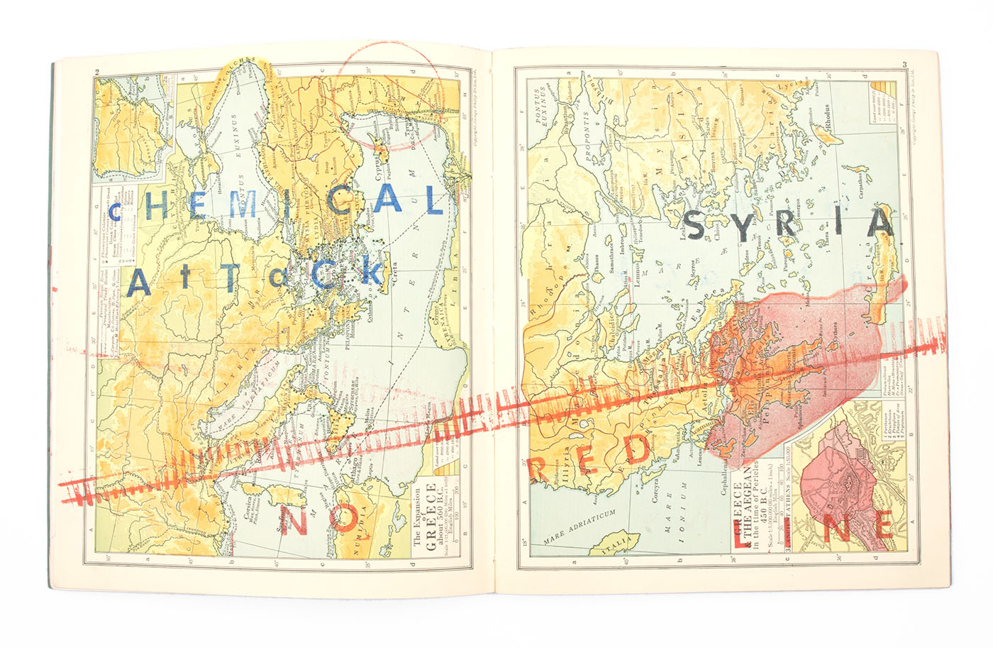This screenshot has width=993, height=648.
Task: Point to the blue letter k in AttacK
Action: pos(371,272)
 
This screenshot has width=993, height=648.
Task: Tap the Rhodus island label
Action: pos(826,118)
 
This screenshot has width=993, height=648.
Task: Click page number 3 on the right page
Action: pos(904,66)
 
